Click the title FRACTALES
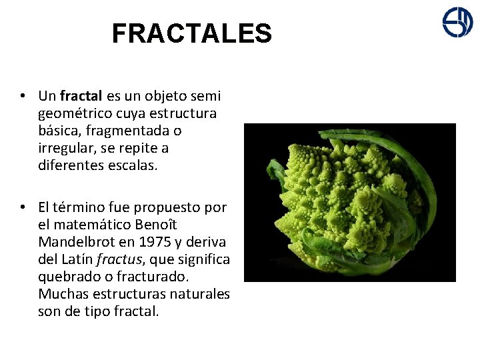(191, 33)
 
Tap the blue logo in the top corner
(457, 22)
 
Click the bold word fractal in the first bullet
(81, 96)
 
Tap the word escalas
(133, 165)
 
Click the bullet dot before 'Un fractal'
(23, 96)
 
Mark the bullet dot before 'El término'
(23, 207)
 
